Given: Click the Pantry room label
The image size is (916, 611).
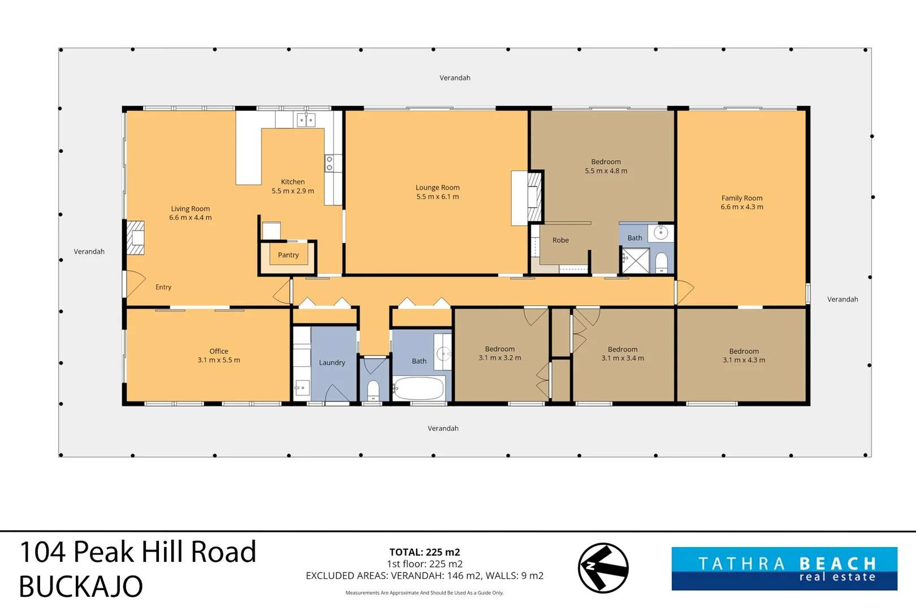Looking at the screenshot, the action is (x=288, y=255).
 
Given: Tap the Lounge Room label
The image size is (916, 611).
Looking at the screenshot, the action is (x=438, y=192).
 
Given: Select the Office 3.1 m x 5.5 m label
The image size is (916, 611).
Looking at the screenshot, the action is (x=219, y=356).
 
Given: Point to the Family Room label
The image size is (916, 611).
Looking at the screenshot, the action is (x=742, y=202).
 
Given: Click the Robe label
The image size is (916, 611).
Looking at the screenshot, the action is (x=561, y=240).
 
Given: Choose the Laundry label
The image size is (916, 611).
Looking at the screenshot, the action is (x=332, y=363).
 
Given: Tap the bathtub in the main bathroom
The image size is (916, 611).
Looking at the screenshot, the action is (x=419, y=388).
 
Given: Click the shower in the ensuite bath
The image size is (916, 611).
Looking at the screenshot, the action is (x=636, y=260).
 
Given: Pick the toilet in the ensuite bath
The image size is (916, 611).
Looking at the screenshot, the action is (x=661, y=263).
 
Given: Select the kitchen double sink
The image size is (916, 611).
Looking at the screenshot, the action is (x=306, y=120).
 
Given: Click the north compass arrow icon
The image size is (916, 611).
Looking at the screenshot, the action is (x=603, y=568).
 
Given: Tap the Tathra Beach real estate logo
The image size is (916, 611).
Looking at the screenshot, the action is (x=784, y=569).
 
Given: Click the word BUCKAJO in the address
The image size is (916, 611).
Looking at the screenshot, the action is (x=81, y=587).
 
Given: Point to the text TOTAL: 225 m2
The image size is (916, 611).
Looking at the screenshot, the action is (x=425, y=552).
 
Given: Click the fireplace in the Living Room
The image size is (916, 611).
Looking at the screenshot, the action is (x=135, y=238).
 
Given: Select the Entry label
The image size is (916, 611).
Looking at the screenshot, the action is (x=163, y=287).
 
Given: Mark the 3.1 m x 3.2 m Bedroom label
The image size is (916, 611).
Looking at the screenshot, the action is (x=500, y=353).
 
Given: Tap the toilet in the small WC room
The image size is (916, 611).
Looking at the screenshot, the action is (x=373, y=390).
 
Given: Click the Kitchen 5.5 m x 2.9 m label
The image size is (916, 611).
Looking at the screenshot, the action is (x=293, y=186).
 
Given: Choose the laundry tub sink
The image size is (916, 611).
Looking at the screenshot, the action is (x=302, y=388).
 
